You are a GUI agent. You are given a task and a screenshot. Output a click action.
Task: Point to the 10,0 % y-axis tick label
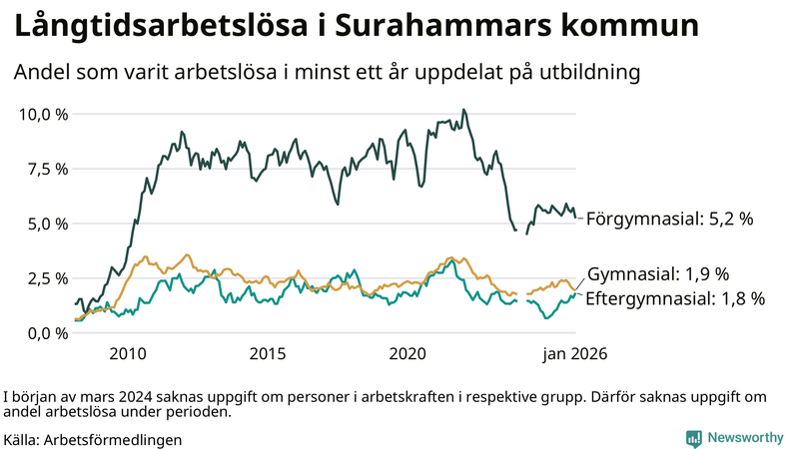click(44, 114)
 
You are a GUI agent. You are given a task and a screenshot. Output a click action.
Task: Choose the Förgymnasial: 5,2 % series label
click(669, 219)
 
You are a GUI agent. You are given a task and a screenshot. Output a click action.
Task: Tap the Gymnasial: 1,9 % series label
click(658, 274)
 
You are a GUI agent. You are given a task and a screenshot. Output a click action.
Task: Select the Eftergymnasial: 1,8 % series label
click(675, 297)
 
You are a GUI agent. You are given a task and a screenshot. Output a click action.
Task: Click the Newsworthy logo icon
click(693, 438)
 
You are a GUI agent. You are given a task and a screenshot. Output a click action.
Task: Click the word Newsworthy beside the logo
click(745, 438)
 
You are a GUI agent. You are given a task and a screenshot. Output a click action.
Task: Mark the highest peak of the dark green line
click(463, 110)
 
